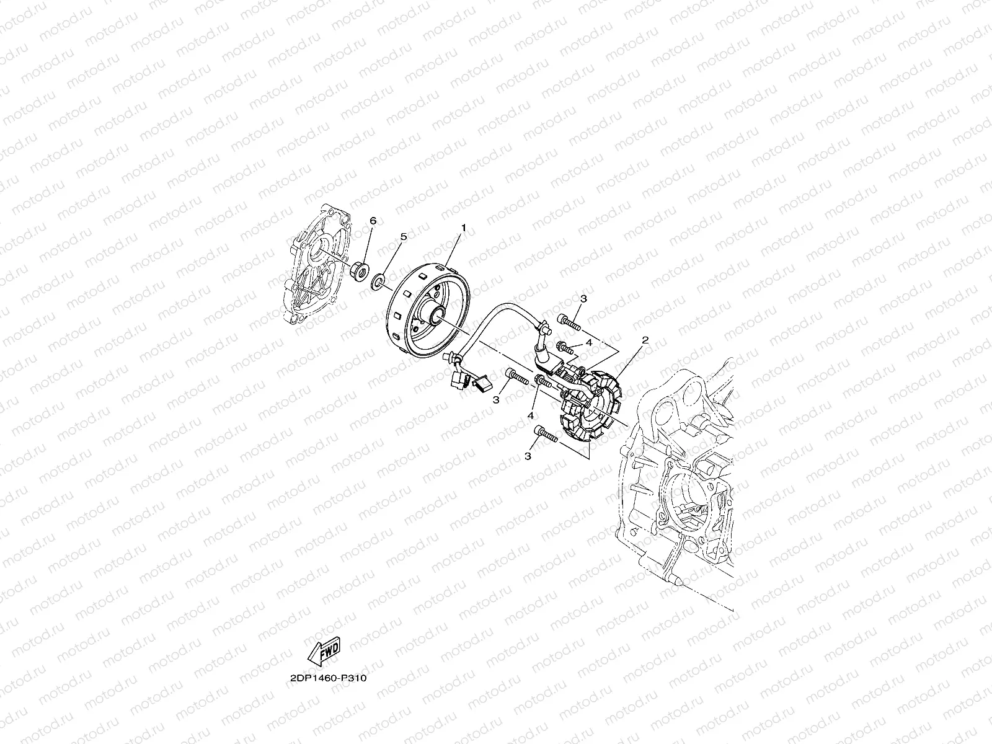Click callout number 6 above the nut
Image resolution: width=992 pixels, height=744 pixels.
(x=372, y=221)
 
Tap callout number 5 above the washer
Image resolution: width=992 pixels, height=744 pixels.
(x=402, y=237)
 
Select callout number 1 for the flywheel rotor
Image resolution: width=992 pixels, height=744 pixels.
(x=463, y=229)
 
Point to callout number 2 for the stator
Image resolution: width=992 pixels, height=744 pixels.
(x=645, y=340)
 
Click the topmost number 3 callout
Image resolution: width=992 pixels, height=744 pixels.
(x=583, y=299)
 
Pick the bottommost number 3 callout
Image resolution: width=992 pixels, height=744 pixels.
(x=528, y=456)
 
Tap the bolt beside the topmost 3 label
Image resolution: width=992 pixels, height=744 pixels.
(x=569, y=322)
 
